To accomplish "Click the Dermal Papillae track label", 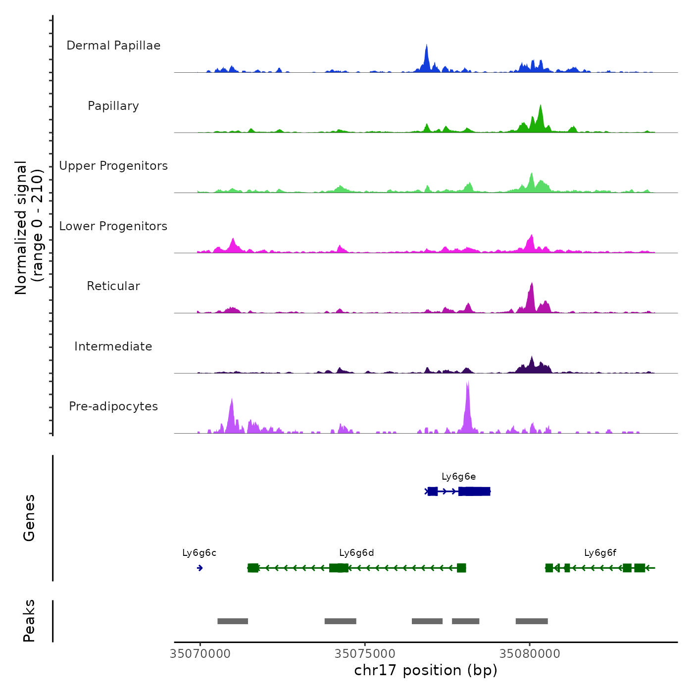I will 113,46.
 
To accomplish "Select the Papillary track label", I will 113,106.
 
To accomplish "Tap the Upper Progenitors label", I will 113,166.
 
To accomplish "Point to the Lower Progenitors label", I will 113,226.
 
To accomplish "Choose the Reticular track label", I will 113,286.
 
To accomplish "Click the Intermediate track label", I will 113,346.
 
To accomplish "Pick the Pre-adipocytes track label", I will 113,406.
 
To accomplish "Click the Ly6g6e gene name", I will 459,477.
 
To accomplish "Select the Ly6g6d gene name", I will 356,553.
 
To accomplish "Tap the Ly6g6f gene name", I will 600,553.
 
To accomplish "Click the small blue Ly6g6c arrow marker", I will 199,568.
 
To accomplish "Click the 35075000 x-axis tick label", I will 365,654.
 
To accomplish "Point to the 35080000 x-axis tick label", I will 530,654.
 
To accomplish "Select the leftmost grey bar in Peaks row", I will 233,621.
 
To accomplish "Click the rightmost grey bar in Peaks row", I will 532,621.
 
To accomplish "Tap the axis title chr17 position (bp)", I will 426,670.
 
